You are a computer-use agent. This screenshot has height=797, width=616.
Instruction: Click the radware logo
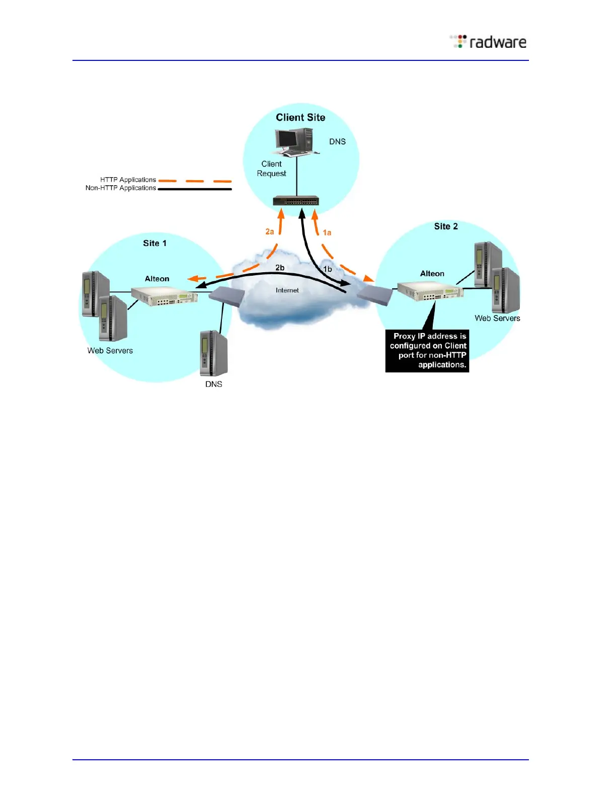click(488, 42)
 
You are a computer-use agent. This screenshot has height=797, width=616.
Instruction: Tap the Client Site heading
click(300, 117)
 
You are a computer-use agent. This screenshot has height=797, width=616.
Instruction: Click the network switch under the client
click(296, 201)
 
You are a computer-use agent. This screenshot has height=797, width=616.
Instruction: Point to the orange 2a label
click(270, 231)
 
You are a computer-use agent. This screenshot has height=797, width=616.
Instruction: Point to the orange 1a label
click(327, 232)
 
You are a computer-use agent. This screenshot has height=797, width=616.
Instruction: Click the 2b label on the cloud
click(280, 268)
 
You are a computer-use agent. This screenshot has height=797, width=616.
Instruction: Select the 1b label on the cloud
click(327, 269)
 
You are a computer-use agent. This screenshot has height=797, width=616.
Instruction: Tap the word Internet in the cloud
click(287, 290)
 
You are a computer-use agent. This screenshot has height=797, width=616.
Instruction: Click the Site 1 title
click(155, 243)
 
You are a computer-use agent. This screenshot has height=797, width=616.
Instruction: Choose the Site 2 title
click(446, 226)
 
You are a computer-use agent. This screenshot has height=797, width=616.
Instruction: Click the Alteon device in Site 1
click(164, 296)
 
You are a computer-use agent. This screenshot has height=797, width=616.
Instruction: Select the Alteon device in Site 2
click(430, 291)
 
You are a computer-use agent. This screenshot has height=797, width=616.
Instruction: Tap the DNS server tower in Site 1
click(214, 353)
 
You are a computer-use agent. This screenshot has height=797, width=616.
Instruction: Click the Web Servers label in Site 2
click(497, 318)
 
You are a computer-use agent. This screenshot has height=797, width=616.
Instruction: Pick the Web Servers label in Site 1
click(110, 351)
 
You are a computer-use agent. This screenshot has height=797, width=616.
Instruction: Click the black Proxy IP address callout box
click(427, 351)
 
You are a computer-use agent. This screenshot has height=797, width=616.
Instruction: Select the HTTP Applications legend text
click(128, 180)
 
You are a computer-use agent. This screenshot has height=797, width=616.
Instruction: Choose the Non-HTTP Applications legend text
click(121, 188)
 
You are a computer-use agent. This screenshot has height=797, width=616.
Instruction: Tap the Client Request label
click(271, 169)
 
